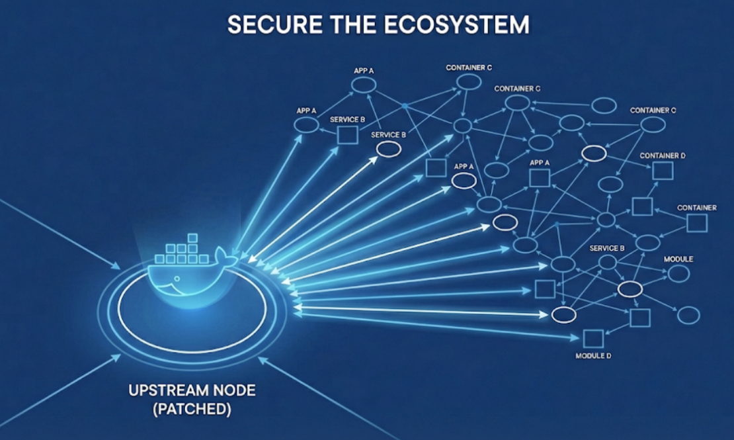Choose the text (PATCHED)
192,410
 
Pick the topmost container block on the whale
193,238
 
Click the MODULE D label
593,357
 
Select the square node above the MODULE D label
592,339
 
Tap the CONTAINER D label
663,155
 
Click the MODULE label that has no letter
678,259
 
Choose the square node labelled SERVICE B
347,135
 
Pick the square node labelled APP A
540,177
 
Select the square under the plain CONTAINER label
696,223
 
